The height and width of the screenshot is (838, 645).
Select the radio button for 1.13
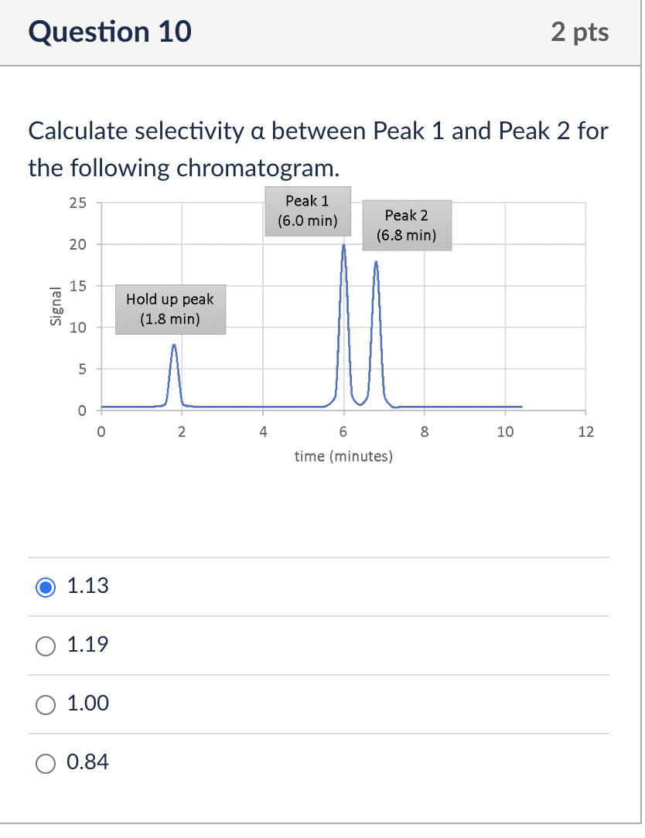(46, 587)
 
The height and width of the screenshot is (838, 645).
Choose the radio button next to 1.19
(46, 646)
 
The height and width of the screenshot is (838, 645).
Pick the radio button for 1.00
(46, 704)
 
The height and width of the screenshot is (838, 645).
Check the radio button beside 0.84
(46, 763)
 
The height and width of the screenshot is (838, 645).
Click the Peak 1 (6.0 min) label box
(307, 210)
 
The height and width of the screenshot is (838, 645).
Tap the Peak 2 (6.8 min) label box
(406, 225)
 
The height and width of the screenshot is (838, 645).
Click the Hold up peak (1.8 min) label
(170, 308)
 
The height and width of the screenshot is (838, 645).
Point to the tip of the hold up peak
(174, 346)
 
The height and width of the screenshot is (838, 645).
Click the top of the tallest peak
(343, 246)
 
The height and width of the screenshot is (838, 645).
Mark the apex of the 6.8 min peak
(376, 262)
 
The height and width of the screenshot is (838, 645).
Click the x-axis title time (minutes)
(343, 457)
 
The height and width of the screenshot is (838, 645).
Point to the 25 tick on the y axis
(77, 204)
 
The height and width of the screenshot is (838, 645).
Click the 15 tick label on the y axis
(77, 286)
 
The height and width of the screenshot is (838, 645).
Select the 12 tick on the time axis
(585, 432)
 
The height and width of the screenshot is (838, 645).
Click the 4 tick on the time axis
(263, 432)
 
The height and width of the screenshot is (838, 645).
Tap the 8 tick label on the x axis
(424, 432)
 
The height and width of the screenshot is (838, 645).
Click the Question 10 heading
(110, 32)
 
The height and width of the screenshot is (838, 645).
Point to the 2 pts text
(580, 32)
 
